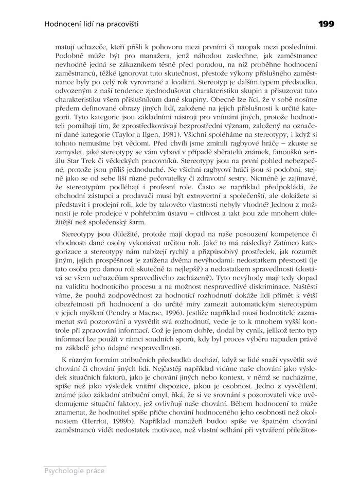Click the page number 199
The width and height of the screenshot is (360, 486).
pyautogui.click(x=326, y=23)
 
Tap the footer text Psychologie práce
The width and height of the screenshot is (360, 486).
pyautogui.click(x=75, y=470)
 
